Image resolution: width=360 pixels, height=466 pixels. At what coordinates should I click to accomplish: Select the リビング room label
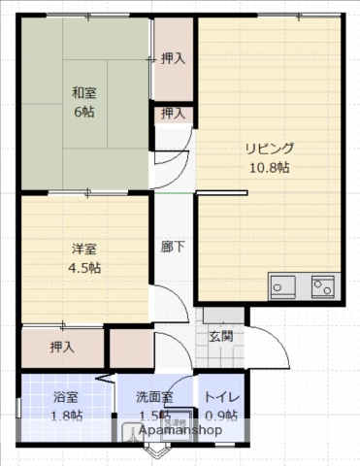269,149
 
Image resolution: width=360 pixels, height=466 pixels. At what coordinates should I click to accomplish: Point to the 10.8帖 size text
269,167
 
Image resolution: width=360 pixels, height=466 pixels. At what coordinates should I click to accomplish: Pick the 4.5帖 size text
83,268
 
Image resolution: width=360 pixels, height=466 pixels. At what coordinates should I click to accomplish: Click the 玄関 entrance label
221,337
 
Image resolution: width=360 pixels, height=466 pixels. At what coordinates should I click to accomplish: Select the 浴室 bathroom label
67,397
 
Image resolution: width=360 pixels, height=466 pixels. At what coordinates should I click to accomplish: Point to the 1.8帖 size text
67,416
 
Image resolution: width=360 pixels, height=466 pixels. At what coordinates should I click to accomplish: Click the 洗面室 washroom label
154,397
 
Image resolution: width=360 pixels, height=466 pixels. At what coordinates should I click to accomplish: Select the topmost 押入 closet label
174,58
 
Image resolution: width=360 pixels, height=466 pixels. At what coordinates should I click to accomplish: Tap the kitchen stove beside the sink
321,285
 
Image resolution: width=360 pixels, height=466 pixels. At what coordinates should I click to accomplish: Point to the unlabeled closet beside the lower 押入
128,348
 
